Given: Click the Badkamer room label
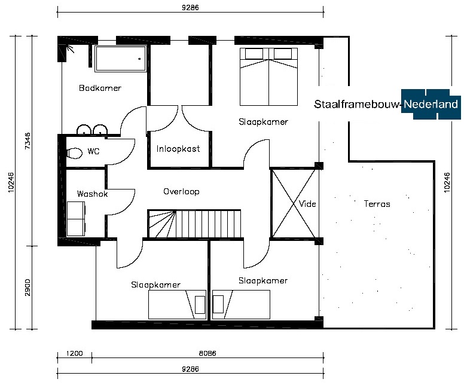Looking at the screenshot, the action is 100,88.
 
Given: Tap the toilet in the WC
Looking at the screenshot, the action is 74,153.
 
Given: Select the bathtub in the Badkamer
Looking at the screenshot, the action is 120,59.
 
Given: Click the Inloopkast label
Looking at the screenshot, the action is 178,148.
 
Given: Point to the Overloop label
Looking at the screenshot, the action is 181,191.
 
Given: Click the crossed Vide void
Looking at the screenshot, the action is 294,203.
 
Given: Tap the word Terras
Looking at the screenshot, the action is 377,204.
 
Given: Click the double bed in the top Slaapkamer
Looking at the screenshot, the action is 268,77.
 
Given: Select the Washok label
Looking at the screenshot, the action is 92,194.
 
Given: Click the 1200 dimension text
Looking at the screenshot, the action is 74,353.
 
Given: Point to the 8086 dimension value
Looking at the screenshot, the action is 207,353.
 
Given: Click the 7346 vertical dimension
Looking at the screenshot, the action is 28,141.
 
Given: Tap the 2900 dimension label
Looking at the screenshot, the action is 28,287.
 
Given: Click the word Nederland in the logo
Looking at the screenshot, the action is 431,104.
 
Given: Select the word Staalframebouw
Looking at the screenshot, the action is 356,104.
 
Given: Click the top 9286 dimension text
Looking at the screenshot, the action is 190,8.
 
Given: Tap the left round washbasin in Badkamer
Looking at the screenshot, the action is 84,130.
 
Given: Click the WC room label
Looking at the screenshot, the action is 93,151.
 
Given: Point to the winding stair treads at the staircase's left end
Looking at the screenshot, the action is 162,224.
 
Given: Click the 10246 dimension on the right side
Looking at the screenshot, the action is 447,182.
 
